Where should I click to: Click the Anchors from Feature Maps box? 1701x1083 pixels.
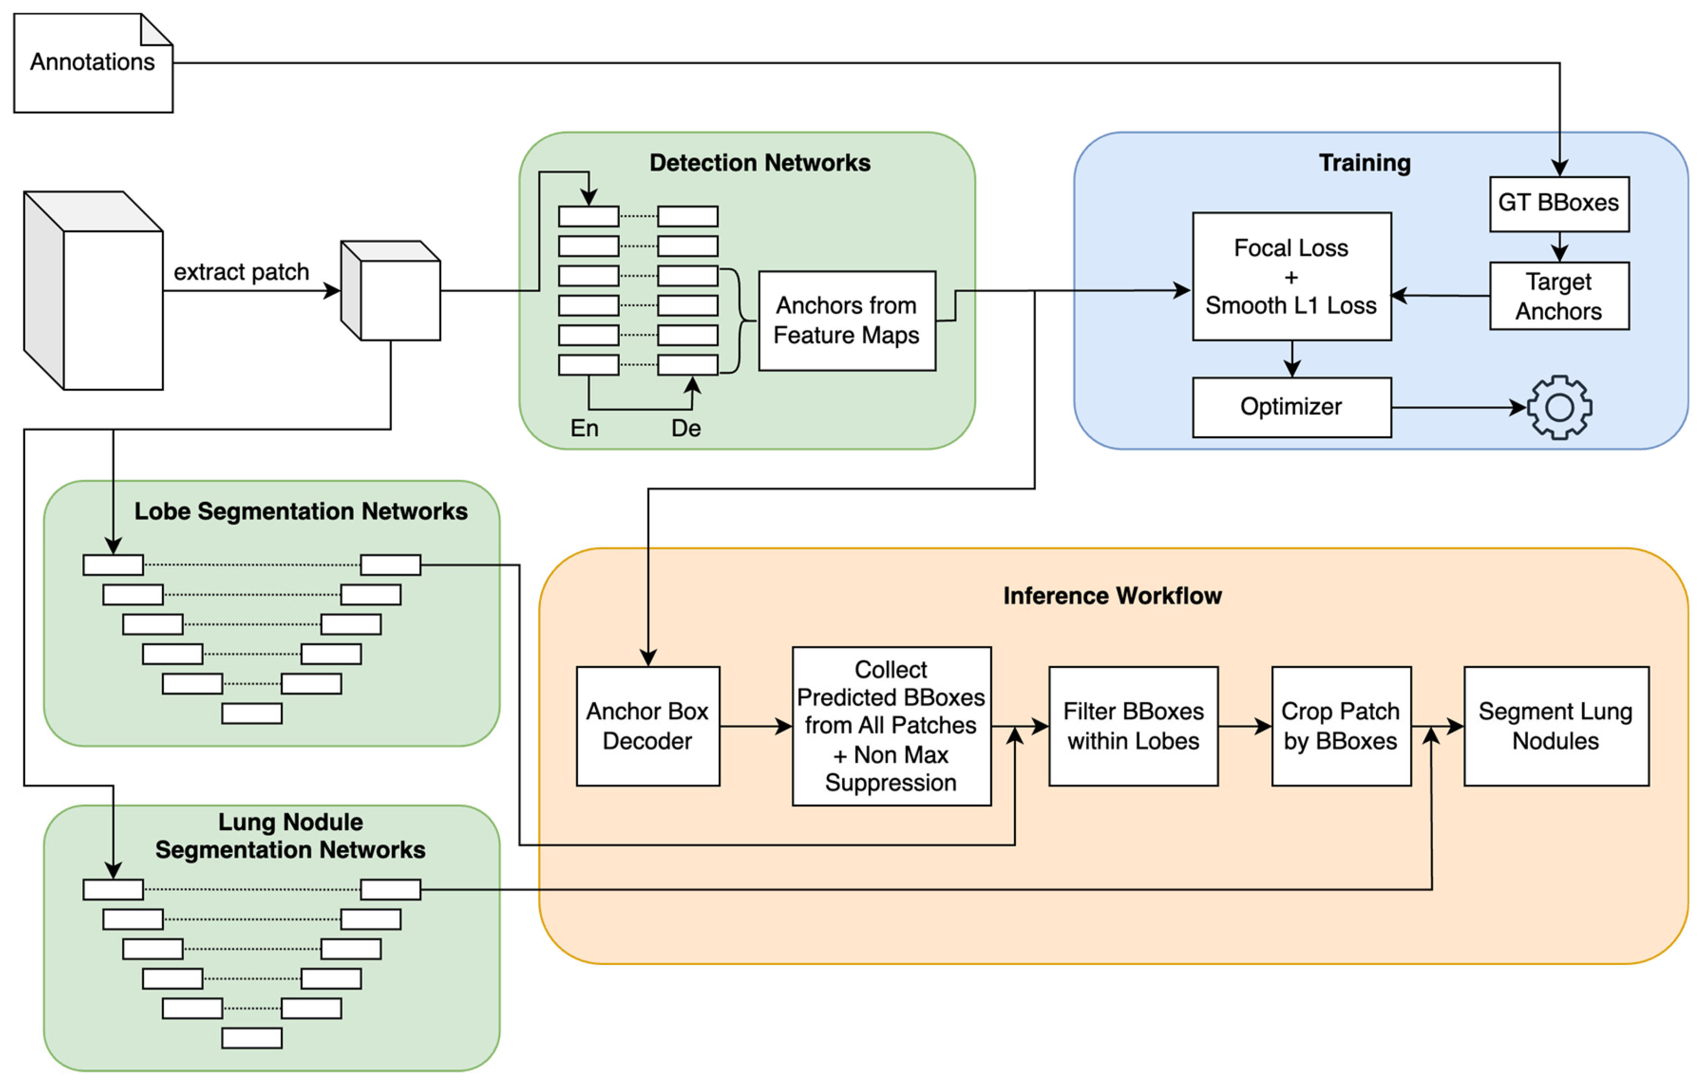tap(846, 320)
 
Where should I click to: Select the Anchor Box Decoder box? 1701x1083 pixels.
tap(647, 726)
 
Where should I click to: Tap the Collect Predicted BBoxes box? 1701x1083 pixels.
tap(891, 726)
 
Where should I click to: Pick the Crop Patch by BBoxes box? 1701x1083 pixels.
tap(1340, 726)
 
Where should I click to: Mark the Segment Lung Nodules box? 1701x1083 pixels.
tap(1556, 726)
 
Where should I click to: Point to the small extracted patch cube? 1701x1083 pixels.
tap(391, 291)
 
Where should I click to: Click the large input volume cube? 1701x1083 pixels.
tap(94, 291)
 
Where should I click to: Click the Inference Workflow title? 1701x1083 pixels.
tap(1112, 595)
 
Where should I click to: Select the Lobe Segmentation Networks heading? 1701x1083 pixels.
tap(301, 511)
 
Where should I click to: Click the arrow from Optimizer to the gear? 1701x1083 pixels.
tap(1455, 408)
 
